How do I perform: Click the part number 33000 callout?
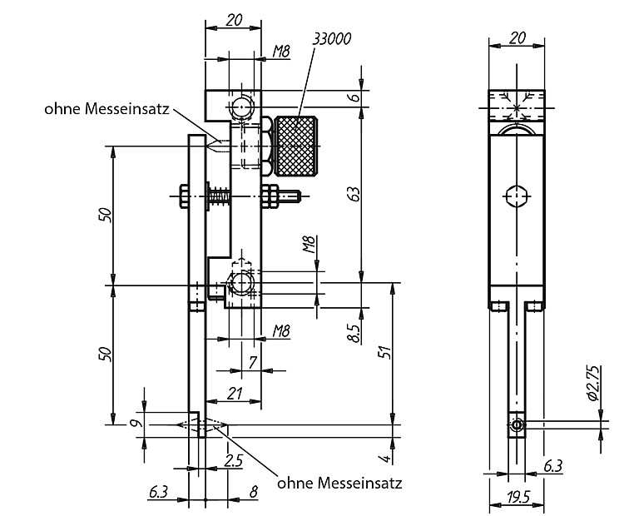[331, 39]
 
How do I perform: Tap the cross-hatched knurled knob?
[296, 146]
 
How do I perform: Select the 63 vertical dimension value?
[355, 193]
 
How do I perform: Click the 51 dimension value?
[385, 353]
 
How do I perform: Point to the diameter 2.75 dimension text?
[592, 383]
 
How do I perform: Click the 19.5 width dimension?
[518, 497]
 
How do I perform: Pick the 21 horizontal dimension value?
[235, 394]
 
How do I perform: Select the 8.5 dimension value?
[354, 333]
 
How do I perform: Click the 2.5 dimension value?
[233, 461]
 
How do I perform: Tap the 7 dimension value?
[253, 363]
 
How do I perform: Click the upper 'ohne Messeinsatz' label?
[106, 109]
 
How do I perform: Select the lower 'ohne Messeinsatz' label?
[339, 483]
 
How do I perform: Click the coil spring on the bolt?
[220, 196]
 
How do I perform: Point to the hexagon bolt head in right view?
[517, 196]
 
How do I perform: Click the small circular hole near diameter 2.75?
[517, 425]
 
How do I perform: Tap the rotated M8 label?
[310, 244]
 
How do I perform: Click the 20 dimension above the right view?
[517, 38]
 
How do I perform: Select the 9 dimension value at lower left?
[133, 424]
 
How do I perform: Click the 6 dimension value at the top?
[355, 97]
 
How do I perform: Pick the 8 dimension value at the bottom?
[254, 492]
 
